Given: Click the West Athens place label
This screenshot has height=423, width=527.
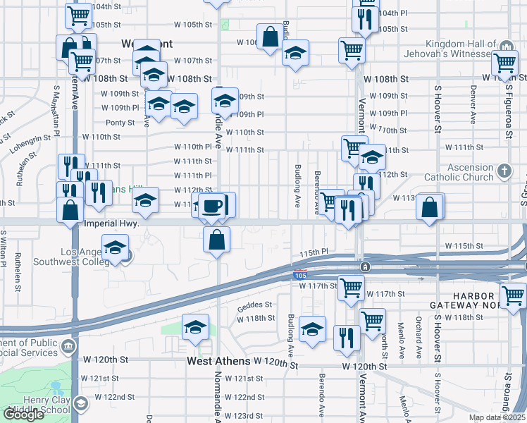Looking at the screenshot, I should pyautogui.click(x=220, y=361).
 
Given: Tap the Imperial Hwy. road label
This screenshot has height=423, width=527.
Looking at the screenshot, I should pyautogui.click(x=108, y=223).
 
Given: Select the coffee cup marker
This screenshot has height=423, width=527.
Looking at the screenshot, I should pyautogui.click(x=211, y=207).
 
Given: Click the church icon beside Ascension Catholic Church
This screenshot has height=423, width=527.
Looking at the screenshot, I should pyautogui.click(x=504, y=171).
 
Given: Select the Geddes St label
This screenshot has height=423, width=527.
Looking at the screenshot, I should pyautogui.click(x=254, y=305).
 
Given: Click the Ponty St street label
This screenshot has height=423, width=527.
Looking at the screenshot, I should pyautogui.click(x=120, y=122).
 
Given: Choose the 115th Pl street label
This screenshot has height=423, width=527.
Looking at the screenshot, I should pyautogui.click(x=314, y=252).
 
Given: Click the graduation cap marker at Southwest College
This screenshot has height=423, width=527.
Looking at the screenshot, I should pyautogui.click(x=115, y=249).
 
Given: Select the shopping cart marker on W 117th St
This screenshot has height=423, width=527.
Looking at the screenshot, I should pyautogui.click(x=351, y=287).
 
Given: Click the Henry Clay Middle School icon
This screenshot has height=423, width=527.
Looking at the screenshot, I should pyautogui.click(x=81, y=404).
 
